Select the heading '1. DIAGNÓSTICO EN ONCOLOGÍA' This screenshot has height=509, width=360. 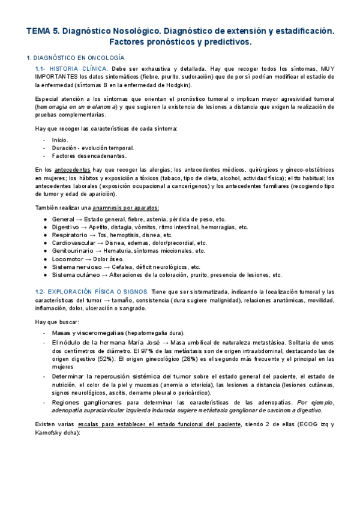tap(76, 58)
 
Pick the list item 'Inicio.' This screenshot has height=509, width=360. tap(61, 139)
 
